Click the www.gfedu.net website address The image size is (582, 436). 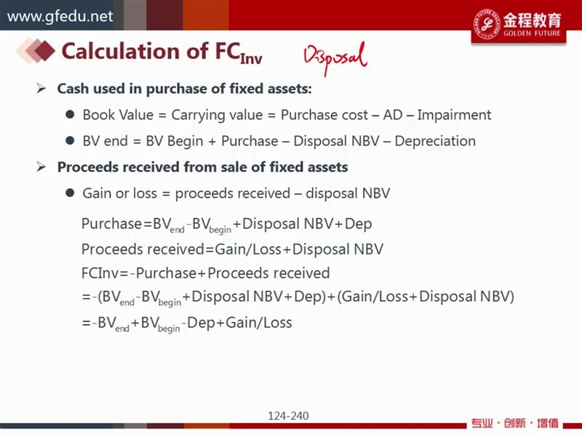tap(60, 16)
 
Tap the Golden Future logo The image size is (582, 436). tap(519, 24)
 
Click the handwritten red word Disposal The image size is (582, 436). tap(335, 58)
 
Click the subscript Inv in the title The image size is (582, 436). tap(251, 58)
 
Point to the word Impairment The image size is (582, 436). tap(454, 115)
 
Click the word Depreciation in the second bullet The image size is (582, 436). tap(435, 141)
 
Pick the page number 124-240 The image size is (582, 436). tap(288, 416)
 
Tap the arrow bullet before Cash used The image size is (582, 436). tap(41, 89)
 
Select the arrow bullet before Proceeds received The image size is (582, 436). tap(41, 167)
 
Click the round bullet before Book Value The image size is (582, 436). tap(70, 114)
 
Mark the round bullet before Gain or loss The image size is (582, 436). tap(70, 193)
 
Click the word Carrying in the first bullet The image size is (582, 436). tap(196, 116)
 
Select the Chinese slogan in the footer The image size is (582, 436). tap(515, 423)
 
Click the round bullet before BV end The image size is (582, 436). tap(70, 140)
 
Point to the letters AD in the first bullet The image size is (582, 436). tap(393, 115)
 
